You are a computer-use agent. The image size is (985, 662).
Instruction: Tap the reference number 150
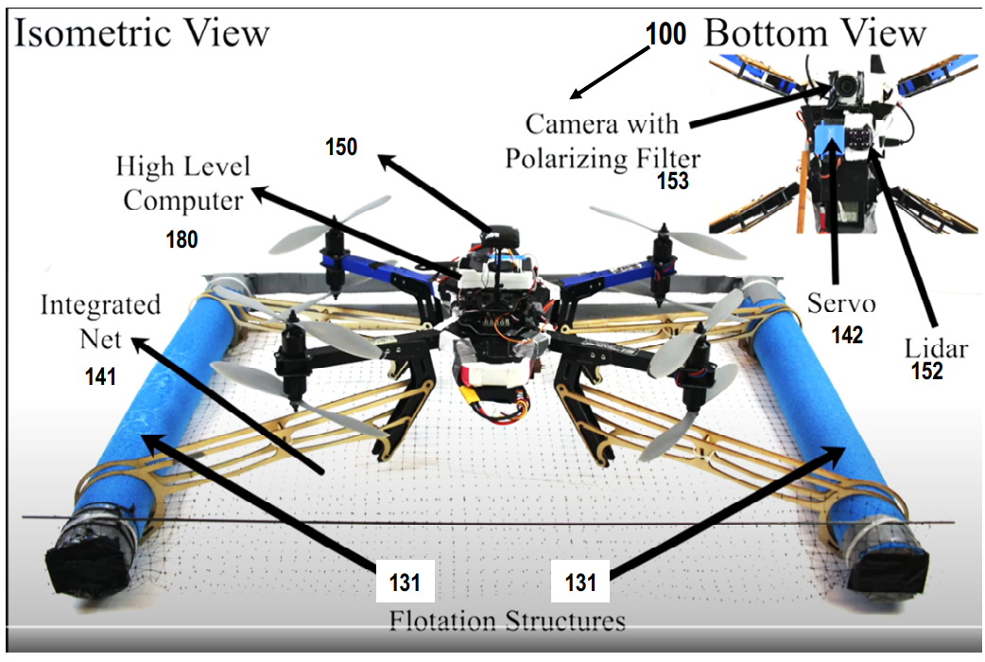(341, 147)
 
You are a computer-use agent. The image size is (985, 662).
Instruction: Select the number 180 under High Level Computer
(181, 239)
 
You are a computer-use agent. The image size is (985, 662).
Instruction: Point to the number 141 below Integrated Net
(100, 376)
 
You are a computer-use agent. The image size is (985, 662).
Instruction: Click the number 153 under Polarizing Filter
(673, 181)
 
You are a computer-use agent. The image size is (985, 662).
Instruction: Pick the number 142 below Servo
(847, 335)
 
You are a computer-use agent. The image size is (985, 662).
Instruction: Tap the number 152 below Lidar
(927, 371)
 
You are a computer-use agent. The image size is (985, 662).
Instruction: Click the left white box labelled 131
(405, 582)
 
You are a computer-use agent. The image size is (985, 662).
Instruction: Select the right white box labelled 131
(580, 582)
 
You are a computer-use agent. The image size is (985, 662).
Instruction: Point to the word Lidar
(936, 348)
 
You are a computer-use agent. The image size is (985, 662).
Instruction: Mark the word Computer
(182, 201)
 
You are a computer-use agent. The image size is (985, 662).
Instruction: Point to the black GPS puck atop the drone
(500, 237)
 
